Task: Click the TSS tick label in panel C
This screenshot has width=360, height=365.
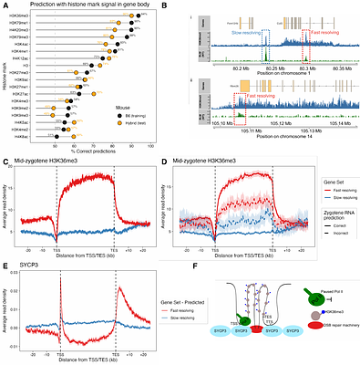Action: (x=59, y=247)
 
